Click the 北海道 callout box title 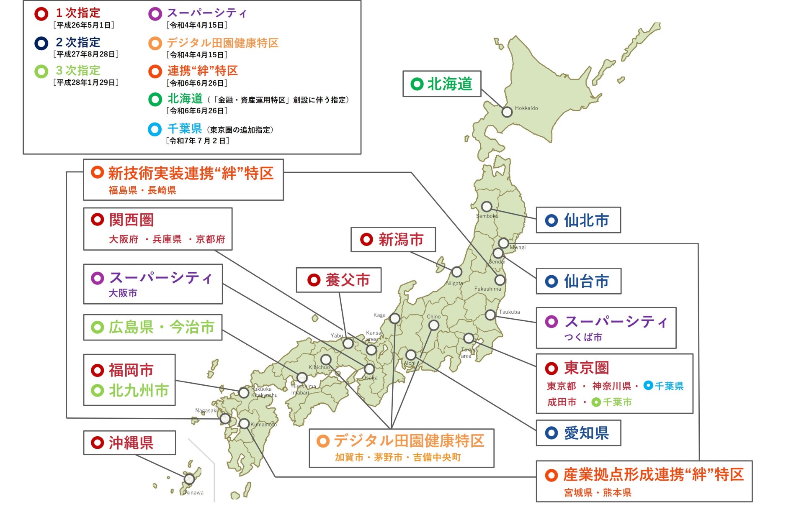coord(449,84)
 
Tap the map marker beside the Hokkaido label coord(507,112)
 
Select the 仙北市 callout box coord(578,220)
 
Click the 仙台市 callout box coord(578,281)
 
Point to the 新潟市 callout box coord(393,240)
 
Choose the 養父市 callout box coord(339,280)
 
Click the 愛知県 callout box coord(578,433)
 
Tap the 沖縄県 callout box coord(129,443)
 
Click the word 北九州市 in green coord(139,391)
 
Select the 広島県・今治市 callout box coord(153,327)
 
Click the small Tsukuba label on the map coord(509,312)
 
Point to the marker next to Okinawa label coord(189,479)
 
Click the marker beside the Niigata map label coord(456,272)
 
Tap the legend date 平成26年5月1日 coord(84,25)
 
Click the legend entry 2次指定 coord(78,42)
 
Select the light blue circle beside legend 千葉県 coord(155,129)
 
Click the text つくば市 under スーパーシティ coord(583,337)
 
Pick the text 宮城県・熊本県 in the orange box coord(598,493)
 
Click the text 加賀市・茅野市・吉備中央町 coord(398,457)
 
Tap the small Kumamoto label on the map coord(263,425)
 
